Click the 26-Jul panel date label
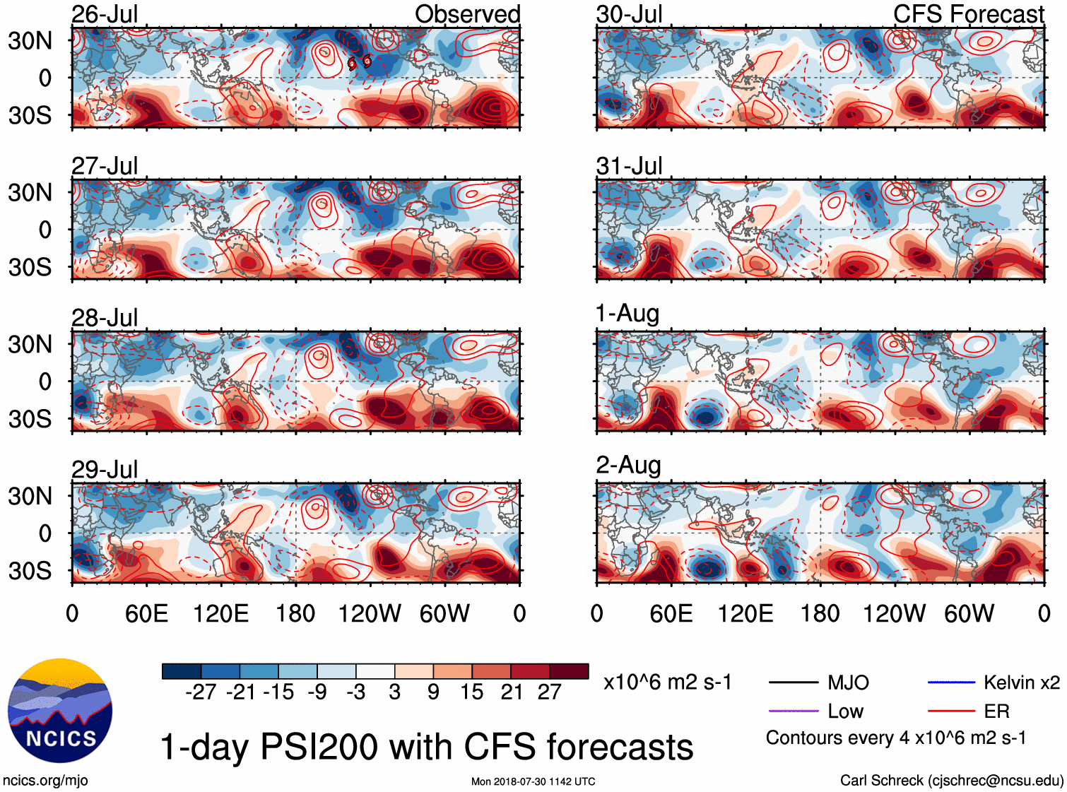point(105,14)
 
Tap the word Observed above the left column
point(467,14)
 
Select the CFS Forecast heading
point(968,14)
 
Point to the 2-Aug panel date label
point(628,466)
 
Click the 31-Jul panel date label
point(629,166)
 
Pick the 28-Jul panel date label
point(105,318)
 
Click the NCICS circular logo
point(60,711)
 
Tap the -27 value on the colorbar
point(201,692)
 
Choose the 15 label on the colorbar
point(471,692)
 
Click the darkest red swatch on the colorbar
point(569,671)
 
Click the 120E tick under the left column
point(221,614)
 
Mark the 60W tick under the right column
point(969,614)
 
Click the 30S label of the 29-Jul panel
point(30,571)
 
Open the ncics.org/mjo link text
point(45,781)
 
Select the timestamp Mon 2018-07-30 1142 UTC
point(533,781)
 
